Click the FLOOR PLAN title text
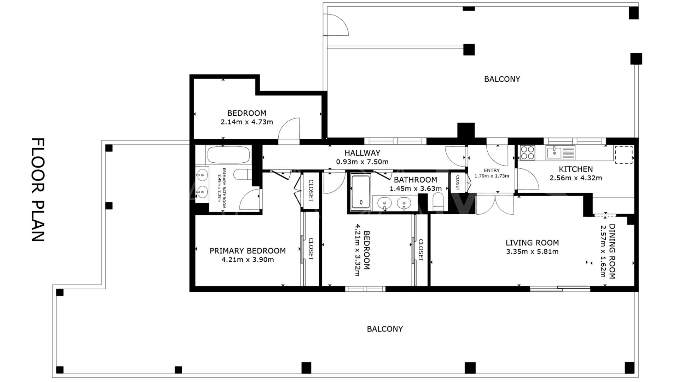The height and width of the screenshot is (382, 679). pyautogui.click(x=38, y=190)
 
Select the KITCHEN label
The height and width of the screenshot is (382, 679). pyautogui.click(x=576, y=169)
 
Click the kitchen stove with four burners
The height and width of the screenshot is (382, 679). pyautogui.click(x=527, y=153)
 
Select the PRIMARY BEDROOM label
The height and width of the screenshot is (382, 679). pyautogui.click(x=248, y=251)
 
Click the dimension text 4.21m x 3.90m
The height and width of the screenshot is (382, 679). pyautogui.click(x=248, y=260)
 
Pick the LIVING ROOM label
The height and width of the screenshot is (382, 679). pyautogui.click(x=532, y=243)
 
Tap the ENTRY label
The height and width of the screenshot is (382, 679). pyautogui.click(x=492, y=170)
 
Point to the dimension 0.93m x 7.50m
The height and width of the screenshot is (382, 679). pyautogui.click(x=362, y=162)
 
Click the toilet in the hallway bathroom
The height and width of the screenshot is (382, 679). pyautogui.click(x=438, y=201)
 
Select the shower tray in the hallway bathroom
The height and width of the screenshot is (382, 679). pyautogui.click(x=361, y=191)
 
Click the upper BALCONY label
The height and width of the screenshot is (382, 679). pyautogui.click(x=502, y=79)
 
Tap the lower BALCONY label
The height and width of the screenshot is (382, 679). pyautogui.click(x=385, y=329)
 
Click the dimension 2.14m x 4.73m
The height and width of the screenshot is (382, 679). pyautogui.click(x=247, y=122)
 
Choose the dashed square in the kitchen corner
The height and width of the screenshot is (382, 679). pyautogui.click(x=624, y=155)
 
